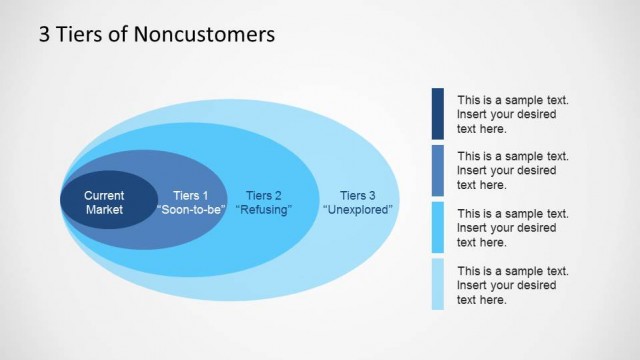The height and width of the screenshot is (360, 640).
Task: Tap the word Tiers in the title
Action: pos(83,35)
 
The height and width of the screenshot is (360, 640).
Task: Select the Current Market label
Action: pos(104,202)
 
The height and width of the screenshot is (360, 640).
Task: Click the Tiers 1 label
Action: pos(191,196)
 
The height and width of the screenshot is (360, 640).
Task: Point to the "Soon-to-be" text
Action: pos(191,210)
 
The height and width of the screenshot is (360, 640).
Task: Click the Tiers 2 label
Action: pos(263,196)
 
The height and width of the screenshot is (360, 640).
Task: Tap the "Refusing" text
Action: pos(263,210)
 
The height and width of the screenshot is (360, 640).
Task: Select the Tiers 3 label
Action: pos(358,196)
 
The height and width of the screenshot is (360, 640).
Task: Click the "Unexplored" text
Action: pos(358,210)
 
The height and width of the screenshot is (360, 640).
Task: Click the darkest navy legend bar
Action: pos(438,113)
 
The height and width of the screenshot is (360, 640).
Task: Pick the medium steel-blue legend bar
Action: pos(438,170)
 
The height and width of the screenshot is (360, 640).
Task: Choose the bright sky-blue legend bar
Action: pos(438,227)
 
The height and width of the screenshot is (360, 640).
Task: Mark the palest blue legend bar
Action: pos(438,284)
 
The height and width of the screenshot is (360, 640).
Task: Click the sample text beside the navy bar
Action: pos(513,114)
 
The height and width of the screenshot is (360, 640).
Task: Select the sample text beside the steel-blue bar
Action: pos(513,171)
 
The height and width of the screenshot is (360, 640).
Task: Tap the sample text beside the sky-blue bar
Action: pos(513,228)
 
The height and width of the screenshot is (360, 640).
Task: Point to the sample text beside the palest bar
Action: pos(513,285)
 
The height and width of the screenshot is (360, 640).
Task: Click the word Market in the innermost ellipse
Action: pos(104,210)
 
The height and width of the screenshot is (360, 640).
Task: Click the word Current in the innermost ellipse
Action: pos(104,196)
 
